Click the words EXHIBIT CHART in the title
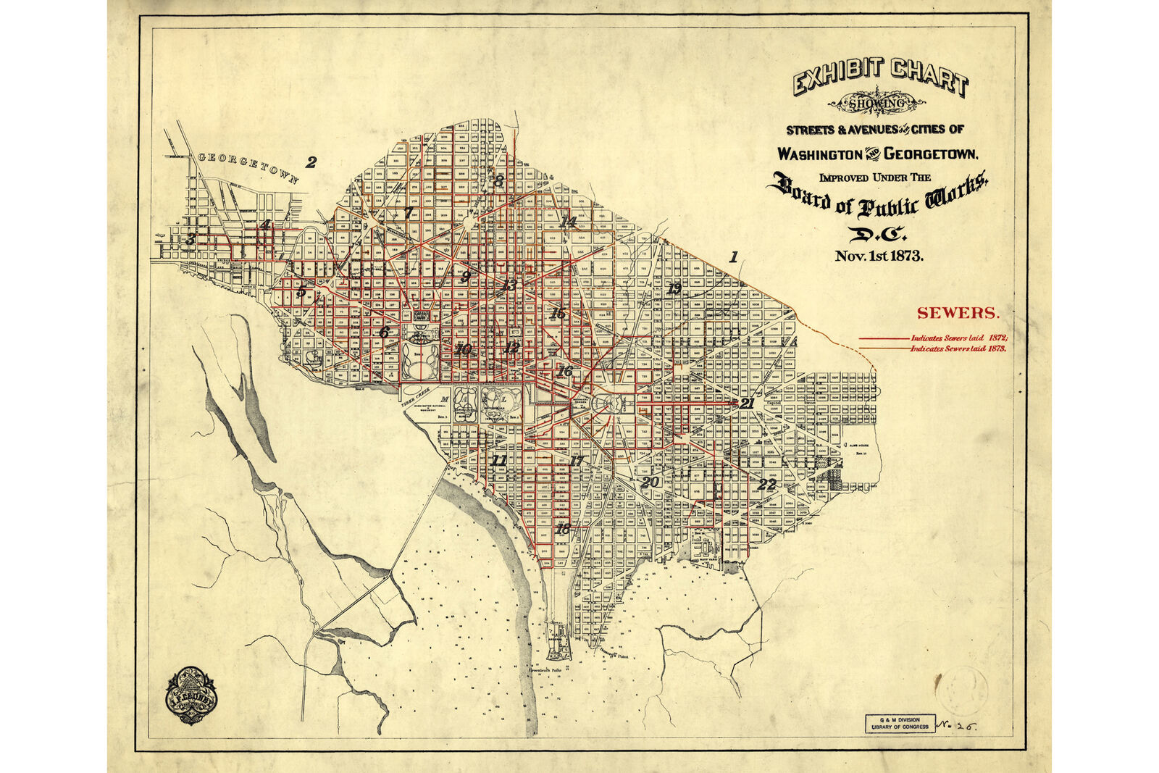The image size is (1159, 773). [880, 77]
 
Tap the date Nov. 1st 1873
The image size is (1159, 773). [879, 256]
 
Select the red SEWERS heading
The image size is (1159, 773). [958, 313]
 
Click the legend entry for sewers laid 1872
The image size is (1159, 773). [959, 338]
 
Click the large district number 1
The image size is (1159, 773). [733, 256]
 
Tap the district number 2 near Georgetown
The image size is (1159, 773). [311, 162]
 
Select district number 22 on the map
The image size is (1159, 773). [767, 484]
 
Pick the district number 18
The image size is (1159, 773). [562, 529]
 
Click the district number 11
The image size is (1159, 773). [499, 461]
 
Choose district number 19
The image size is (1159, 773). [674, 288]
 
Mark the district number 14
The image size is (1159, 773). [567, 222]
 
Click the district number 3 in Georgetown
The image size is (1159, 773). [191, 238]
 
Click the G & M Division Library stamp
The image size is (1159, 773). [897, 722]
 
